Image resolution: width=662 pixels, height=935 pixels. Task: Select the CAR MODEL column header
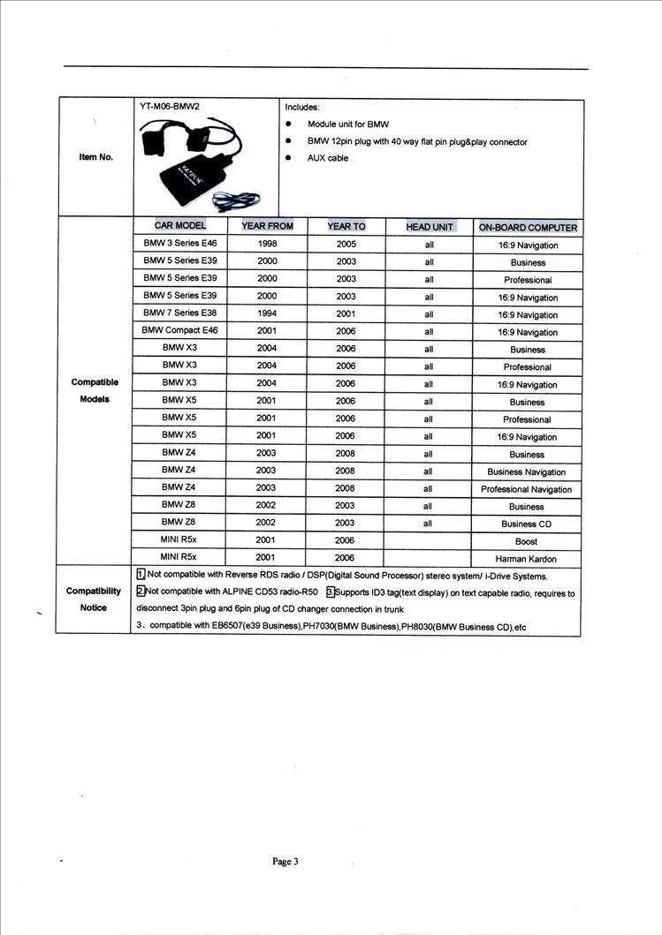179,226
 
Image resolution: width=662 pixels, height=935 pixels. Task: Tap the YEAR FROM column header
267,226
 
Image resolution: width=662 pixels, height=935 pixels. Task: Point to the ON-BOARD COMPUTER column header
528,228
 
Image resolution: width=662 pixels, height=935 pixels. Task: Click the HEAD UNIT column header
430,227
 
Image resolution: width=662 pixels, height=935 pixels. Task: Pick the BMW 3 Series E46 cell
179,243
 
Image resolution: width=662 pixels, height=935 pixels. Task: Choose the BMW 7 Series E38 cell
179,313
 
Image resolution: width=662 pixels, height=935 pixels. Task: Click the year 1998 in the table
267,244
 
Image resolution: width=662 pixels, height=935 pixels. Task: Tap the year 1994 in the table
267,313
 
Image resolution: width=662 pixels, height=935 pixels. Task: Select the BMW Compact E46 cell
179,330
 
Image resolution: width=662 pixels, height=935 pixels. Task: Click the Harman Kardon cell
528,559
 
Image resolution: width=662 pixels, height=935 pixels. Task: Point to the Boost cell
527,541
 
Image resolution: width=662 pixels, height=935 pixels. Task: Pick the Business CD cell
527,524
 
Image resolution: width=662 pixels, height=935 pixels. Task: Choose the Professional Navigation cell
527,489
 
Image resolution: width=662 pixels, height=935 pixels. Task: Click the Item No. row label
95,157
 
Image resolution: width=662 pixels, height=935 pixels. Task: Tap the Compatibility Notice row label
94,599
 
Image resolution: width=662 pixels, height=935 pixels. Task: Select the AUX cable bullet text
327,158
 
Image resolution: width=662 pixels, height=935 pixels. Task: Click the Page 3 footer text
285,862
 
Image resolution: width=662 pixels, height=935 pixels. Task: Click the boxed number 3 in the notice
330,592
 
